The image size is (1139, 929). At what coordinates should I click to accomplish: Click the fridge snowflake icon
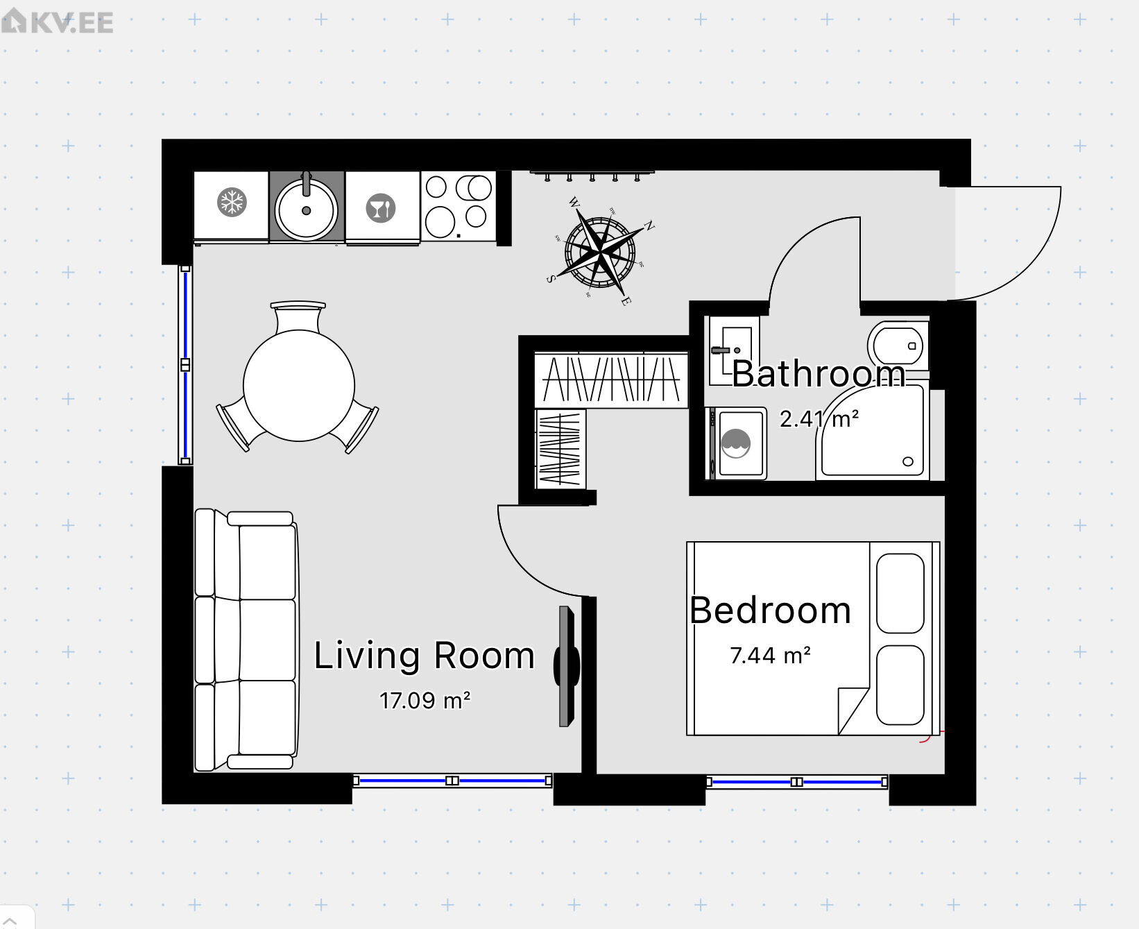click(x=232, y=203)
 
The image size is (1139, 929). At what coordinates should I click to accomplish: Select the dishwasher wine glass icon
click(x=381, y=208)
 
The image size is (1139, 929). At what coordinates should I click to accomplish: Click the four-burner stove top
click(x=459, y=206)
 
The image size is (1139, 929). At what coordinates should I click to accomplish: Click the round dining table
click(x=299, y=386)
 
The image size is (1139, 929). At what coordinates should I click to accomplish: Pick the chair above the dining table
click(x=298, y=317)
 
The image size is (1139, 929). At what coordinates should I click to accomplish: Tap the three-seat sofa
click(x=246, y=640)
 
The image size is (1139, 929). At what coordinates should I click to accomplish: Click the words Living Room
click(x=425, y=656)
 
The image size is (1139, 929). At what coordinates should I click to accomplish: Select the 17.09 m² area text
click(x=425, y=701)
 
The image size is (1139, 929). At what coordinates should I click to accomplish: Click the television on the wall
click(x=566, y=666)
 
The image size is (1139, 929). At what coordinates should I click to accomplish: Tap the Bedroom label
click(x=770, y=611)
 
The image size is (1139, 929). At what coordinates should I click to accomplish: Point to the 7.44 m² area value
click(x=771, y=656)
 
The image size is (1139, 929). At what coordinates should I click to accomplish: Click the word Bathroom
click(x=819, y=374)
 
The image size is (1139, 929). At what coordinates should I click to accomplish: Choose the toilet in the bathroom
click(x=898, y=346)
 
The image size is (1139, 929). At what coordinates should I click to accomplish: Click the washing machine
click(x=737, y=443)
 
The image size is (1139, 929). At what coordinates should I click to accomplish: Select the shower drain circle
click(x=908, y=461)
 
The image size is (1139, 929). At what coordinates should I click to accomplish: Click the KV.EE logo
click(x=58, y=22)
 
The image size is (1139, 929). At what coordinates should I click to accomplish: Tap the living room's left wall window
click(x=185, y=364)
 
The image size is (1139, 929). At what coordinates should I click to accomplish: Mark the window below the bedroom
click(x=796, y=782)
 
